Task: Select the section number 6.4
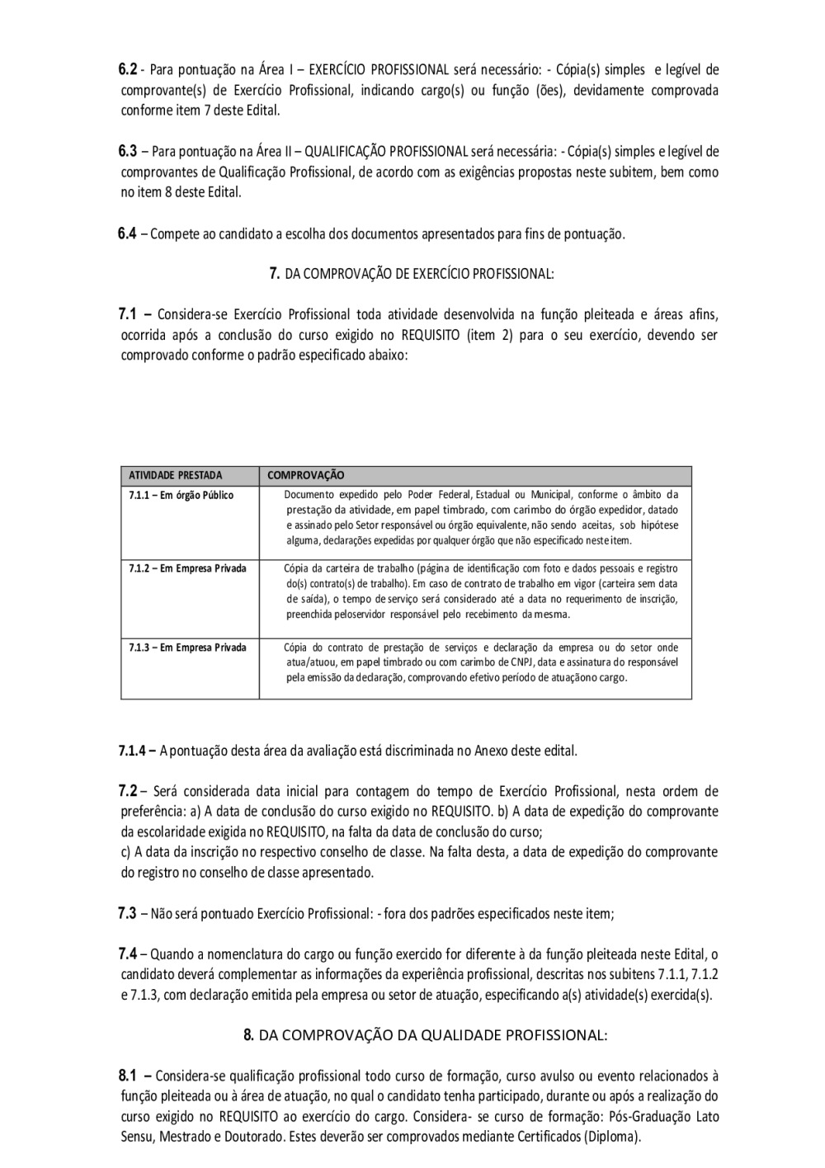coord(127,233)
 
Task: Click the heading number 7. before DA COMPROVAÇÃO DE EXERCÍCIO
coord(275,274)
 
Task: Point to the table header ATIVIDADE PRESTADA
coord(176,476)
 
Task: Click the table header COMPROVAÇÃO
coord(306,476)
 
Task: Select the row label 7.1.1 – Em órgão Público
coord(181,495)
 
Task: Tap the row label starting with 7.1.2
coord(187,568)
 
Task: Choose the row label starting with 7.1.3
coord(187,648)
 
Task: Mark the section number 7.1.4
coord(134,751)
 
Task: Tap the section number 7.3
coord(127,913)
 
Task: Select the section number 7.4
coord(127,954)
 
